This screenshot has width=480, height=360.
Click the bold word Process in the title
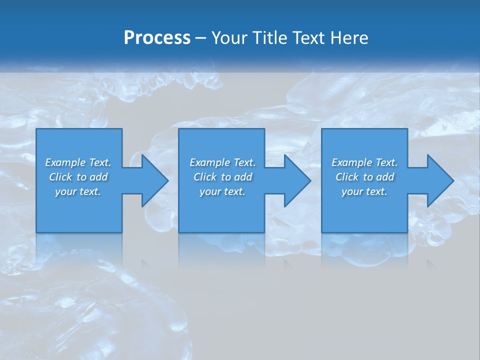coord(157,38)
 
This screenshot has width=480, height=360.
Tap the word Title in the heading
coord(273,38)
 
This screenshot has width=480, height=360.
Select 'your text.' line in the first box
coord(78,191)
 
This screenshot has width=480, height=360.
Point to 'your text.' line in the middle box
coord(222,191)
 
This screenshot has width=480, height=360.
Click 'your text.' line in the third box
coord(364,191)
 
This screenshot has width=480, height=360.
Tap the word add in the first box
coord(99,177)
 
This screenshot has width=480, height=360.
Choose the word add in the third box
coord(385,177)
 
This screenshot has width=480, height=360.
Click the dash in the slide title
coord(200,38)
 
